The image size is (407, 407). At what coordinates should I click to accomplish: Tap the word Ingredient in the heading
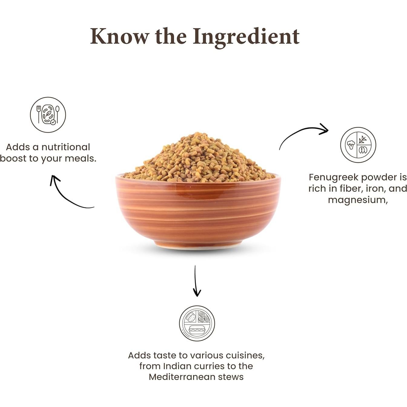point(246,37)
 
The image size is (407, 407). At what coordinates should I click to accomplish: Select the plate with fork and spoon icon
point(48,115)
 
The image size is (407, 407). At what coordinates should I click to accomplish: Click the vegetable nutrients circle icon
point(358,145)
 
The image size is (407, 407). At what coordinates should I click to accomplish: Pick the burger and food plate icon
point(197,323)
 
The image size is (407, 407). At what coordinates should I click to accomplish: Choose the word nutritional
point(66,147)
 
